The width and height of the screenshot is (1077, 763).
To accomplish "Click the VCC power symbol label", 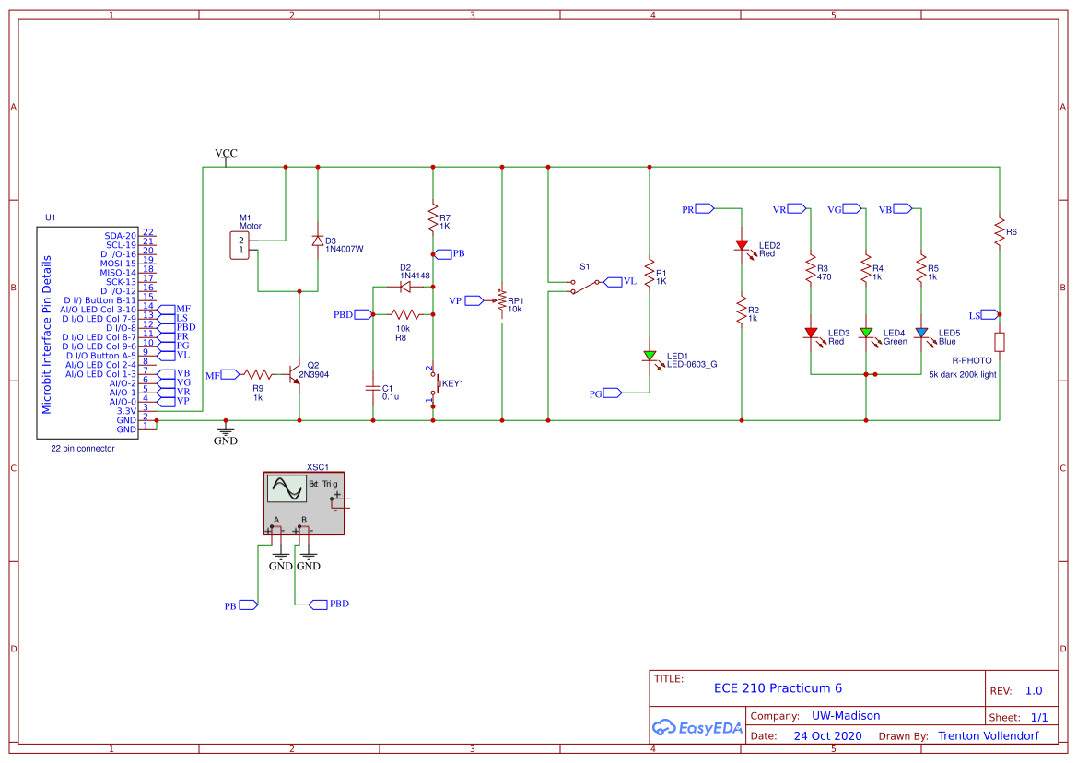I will coord(226,153).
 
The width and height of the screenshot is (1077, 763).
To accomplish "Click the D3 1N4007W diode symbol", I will coord(318,241).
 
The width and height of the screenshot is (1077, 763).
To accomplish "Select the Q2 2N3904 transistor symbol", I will coord(295,375).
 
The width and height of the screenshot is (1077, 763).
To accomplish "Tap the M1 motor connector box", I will coord(240,245).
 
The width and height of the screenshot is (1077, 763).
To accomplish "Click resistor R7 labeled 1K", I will coord(433,219).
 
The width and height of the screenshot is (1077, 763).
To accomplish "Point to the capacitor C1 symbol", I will coord(373,388).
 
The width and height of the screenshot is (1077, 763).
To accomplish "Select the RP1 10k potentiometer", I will coord(501,300).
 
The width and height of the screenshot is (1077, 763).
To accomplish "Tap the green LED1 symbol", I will coord(650,356).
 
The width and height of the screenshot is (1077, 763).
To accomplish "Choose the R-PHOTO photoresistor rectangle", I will coord(1000,342).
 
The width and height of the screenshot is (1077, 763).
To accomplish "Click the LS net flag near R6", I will coord(980,314).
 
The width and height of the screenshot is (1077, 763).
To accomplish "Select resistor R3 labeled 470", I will coord(811,270).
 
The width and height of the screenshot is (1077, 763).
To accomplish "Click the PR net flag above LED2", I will coord(703,209).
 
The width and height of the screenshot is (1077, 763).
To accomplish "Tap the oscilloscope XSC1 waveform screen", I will coord(286,488).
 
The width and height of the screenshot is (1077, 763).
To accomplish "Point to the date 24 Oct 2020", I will coord(828,736).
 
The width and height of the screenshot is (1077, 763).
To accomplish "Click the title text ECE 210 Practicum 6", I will coord(778,688).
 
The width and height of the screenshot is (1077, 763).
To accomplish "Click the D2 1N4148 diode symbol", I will coord(404,287).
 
